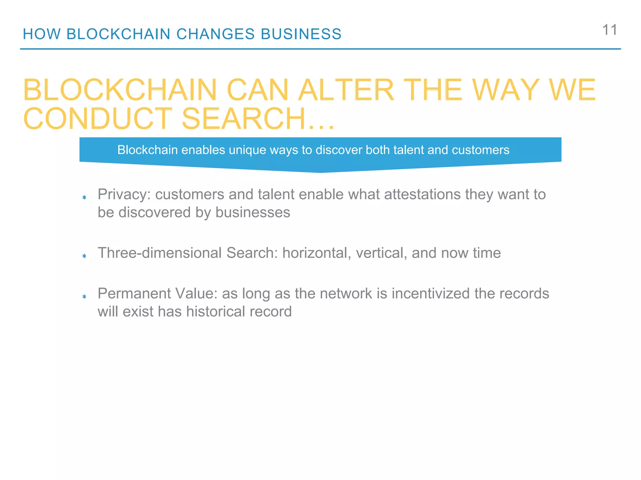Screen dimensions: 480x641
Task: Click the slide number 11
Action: coord(609,30)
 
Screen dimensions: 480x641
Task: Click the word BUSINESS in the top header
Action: coord(301,34)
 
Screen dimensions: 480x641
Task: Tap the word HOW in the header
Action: coord(42,34)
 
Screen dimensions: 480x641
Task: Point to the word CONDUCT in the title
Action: coord(98,119)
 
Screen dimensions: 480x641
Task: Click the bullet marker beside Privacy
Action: coord(84,197)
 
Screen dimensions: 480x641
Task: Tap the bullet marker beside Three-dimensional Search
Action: coord(84,256)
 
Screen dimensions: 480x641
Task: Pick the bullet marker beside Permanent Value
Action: coord(84,296)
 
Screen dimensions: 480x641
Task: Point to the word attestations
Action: coord(422,194)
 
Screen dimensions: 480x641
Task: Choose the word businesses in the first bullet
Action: coord(253,212)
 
